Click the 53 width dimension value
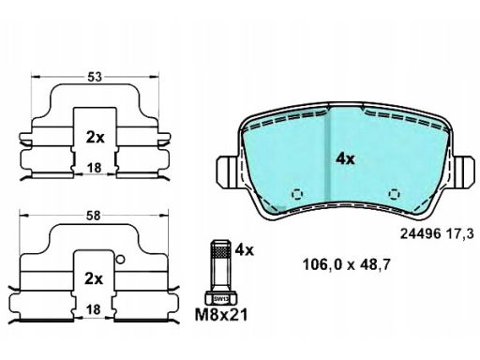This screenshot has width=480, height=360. pyautogui.click(x=95, y=77)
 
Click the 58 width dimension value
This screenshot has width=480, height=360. pyautogui.click(x=93, y=216)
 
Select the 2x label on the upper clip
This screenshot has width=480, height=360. pyautogui.click(x=96, y=138)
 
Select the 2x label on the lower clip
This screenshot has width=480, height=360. pyautogui.click(x=94, y=278)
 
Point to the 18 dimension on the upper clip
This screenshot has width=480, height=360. pyautogui.click(x=94, y=168)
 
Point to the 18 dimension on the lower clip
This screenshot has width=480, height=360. pyautogui.click(x=93, y=309)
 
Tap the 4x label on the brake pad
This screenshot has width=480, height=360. pyautogui.click(x=345, y=159)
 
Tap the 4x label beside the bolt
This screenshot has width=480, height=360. pyautogui.click(x=245, y=249)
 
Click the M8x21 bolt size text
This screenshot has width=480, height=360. pyautogui.click(x=221, y=315)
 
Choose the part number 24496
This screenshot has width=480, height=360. pyautogui.click(x=421, y=233)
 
